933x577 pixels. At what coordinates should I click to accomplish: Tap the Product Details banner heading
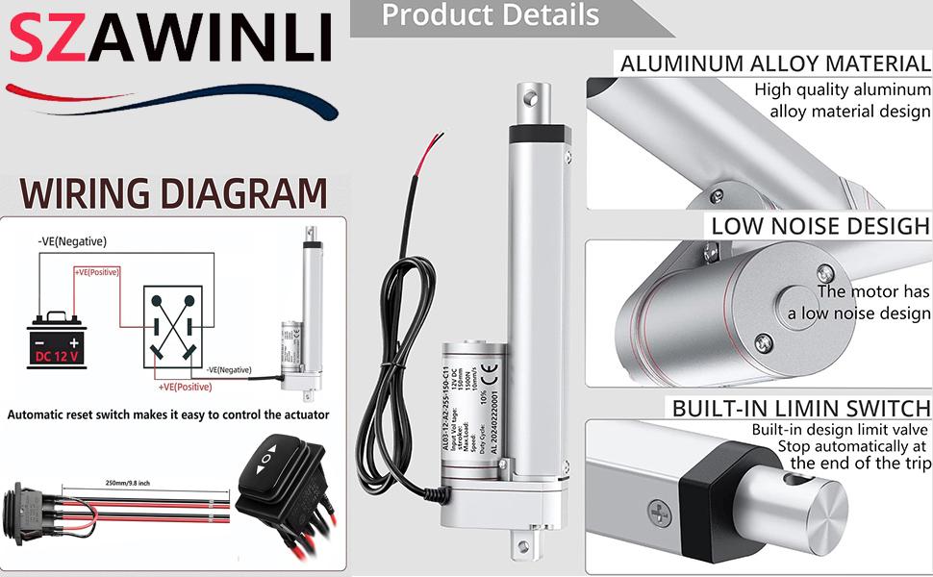(x=490, y=15)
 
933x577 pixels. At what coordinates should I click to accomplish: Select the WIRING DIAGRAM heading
(x=174, y=193)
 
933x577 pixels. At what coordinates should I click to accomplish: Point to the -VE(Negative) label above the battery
(x=72, y=241)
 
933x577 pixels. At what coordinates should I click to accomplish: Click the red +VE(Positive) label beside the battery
(x=97, y=272)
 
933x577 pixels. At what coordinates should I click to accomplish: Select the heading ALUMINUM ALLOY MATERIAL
(x=775, y=64)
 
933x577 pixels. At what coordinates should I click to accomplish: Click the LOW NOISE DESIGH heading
(x=820, y=226)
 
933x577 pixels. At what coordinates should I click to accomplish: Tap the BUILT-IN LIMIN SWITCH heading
(x=801, y=407)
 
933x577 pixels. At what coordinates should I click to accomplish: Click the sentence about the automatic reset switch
(x=168, y=415)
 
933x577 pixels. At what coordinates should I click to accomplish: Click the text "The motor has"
(x=873, y=291)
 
